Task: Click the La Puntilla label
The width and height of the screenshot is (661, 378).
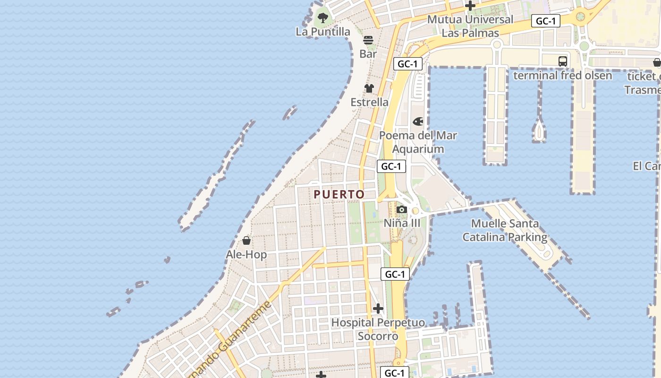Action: pos(323,32)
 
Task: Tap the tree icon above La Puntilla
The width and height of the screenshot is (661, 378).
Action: pos(323,18)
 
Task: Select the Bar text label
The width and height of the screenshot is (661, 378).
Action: pos(368,54)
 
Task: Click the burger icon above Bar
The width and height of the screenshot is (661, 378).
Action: pos(368,40)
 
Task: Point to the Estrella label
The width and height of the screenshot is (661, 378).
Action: pos(369,102)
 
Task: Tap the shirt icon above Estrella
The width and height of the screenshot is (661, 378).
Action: pos(369,88)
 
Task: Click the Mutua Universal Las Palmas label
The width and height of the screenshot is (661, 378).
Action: pos(470,26)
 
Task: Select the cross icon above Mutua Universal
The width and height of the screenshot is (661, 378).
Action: pos(470,6)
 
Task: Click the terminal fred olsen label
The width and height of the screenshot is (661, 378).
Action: pos(562,76)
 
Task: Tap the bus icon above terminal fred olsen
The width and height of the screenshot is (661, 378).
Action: pos(562,61)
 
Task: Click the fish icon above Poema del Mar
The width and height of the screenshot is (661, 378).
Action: pos(418,122)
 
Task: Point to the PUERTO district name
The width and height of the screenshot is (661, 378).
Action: pos(339,194)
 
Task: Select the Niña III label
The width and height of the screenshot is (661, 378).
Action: pos(402,223)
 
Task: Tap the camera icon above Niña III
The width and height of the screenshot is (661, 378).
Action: pos(402,209)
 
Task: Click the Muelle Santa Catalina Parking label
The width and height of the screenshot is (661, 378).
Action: pos(505,230)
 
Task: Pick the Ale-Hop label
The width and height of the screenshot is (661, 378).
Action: pos(246,255)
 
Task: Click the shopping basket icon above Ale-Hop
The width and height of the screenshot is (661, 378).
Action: pos(246,241)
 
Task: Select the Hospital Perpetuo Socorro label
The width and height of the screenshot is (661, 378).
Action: pos(378,329)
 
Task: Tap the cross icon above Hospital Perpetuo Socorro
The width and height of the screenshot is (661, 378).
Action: pos(378,309)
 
